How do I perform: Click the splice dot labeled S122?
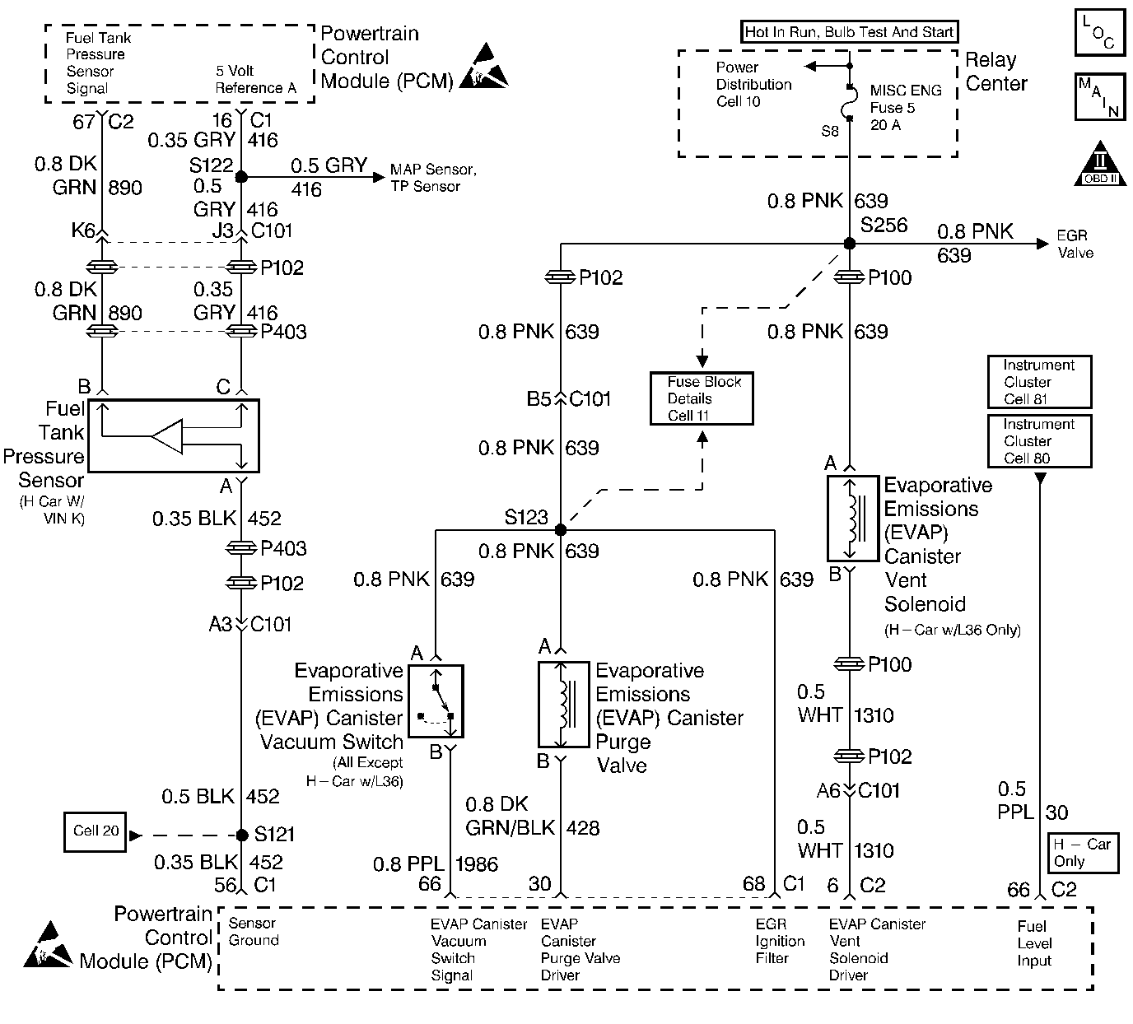[x=241, y=176]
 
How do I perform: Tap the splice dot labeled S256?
[x=850, y=244]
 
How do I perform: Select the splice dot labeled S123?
[x=561, y=529]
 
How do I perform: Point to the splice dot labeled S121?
[x=241, y=835]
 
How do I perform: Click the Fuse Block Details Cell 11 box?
[x=701, y=398]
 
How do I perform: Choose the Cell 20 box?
[x=96, y=831]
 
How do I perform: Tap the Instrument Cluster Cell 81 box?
[x=1038, y=382]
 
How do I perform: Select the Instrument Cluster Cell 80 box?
[x=1038, y=441]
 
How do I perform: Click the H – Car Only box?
[x=1082, y=853]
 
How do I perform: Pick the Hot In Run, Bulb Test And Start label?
[x=848, y=32]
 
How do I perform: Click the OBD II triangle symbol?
[x=1101, y=167]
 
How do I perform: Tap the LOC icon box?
[x=1101, y=34]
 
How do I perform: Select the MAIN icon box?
[x=1101, y=98]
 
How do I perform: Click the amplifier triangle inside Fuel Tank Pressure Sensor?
[x=169, y=436]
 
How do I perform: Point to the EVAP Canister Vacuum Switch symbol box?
[x=436, y=701]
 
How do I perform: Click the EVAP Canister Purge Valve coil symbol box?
[x=563, y=704]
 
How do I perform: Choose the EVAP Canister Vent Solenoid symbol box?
[x=852, y=518]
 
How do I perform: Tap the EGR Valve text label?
[x=1075, y=244]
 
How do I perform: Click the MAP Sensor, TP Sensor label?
[x=433, y=178]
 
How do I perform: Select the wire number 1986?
[x=477, y=863]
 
